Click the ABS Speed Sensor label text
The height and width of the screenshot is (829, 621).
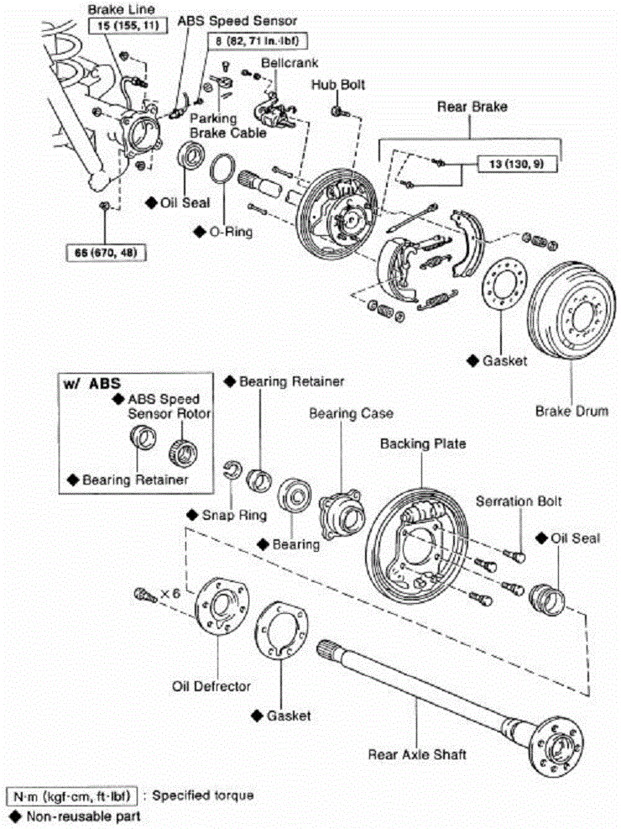pos(237,21)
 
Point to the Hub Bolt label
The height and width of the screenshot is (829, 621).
pos(338,85)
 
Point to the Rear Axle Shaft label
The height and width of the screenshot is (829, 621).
pos(417,754)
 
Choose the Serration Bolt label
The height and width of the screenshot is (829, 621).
pos(519,501)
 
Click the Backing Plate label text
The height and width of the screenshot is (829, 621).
pos(423,443)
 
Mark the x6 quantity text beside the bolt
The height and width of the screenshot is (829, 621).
pos(170,593)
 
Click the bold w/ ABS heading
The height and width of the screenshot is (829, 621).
pos(91,383)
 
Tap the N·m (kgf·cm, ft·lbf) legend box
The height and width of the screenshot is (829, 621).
pos(72,796)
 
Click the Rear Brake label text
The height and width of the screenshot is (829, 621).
pos(472,107)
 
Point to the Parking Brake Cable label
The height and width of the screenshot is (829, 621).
pos(227,125)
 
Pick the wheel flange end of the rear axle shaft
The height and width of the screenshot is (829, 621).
pos(556,746)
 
